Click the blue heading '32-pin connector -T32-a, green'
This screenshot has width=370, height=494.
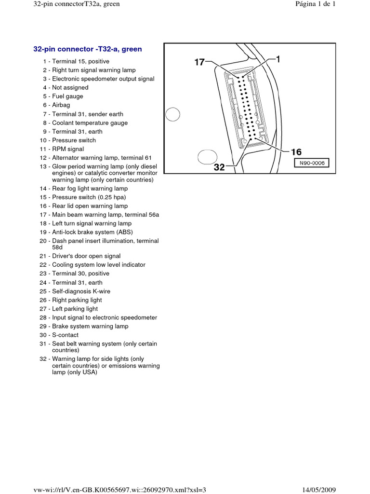click(x=87, y=49)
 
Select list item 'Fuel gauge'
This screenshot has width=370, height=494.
click(x=67, y=96)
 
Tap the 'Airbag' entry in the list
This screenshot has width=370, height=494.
click(x=61, y=105)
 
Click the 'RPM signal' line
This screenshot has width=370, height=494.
click(x=68, y=149)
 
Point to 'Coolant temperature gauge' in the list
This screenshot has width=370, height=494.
click(x=90, y=123)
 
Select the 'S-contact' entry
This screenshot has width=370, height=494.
click(x=65, y=335)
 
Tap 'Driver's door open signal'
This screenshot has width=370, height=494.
click(x=86, y=256)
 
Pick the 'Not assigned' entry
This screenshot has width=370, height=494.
click(x=70, y=88)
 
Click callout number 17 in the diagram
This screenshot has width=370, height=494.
click(x=199, y=62)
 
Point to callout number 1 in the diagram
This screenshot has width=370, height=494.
click(x=278, y=59)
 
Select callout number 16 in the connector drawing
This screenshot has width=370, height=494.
click(x=296, y=152)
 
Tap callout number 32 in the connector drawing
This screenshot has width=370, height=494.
click(x=219, y=167)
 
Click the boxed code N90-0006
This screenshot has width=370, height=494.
click(x=312, y=163)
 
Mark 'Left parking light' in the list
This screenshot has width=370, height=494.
click(x=75, y=309)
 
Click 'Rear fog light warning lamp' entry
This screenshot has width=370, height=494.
click(x=90, y=189)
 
